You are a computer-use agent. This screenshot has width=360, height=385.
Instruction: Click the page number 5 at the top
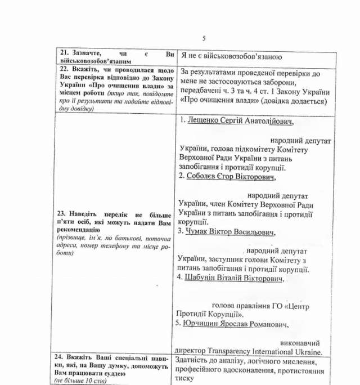pyautogui.click(x=204, y=38)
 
